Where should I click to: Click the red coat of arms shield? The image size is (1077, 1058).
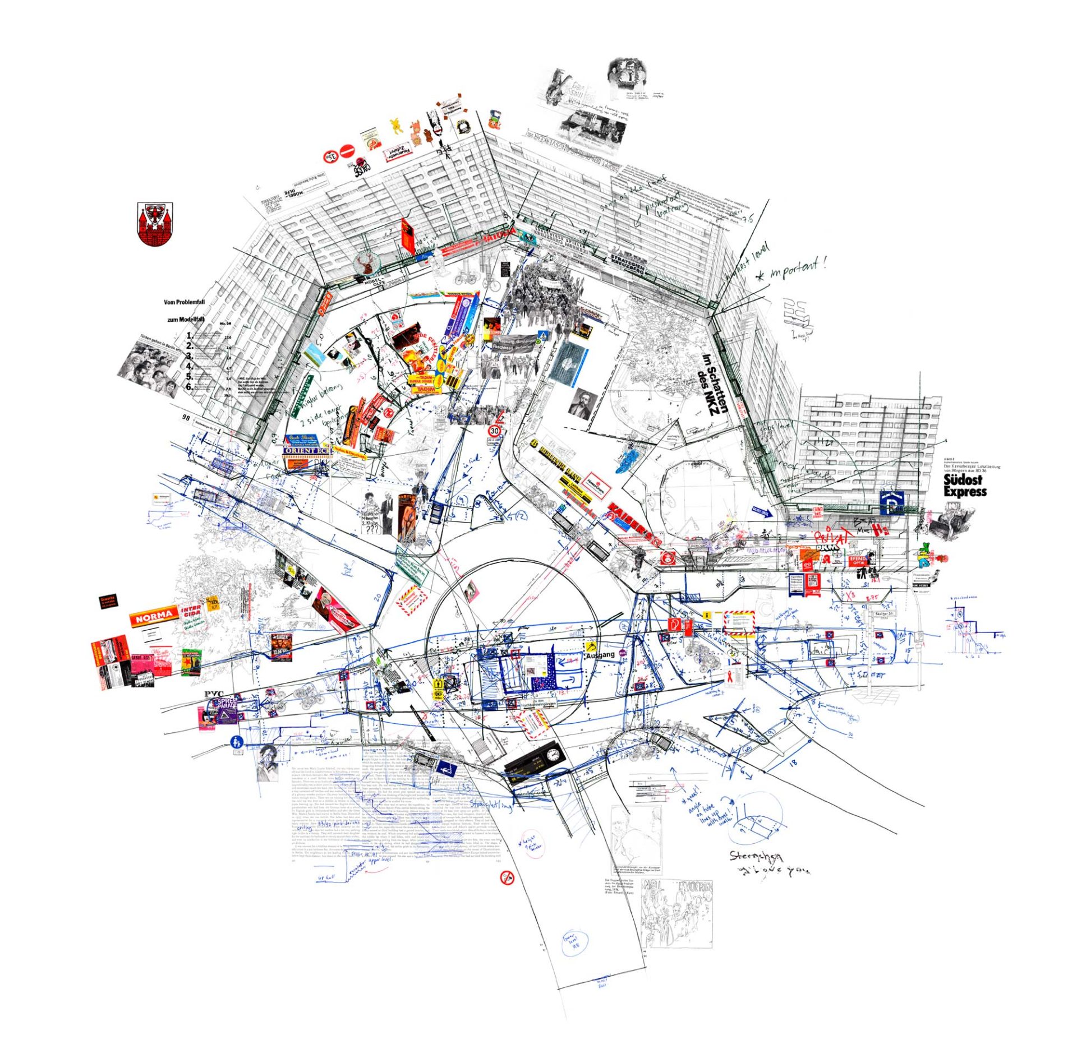(155, 224)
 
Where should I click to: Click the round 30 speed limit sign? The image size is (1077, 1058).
(494, 431)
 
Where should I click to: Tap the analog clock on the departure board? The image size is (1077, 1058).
(553, 754)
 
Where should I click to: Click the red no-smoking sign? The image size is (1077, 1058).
(507, 876)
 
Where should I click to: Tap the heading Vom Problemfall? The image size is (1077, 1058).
(184, 302)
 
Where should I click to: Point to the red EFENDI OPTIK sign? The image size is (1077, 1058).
(858, 561)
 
